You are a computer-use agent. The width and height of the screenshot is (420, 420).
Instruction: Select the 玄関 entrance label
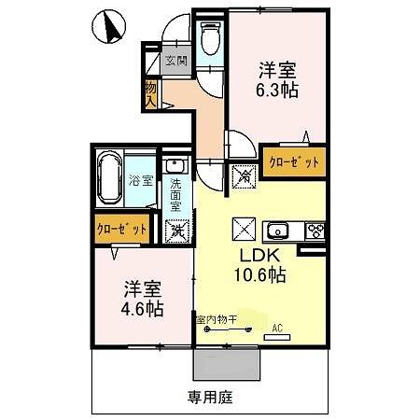(175, 62)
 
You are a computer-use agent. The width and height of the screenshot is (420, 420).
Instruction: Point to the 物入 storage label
(150, 91)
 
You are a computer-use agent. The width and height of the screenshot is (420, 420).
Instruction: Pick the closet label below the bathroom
(122, 228)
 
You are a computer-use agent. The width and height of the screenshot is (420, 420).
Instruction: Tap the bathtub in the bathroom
(113, 181)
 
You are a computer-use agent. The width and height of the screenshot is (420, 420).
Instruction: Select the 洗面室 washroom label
(175, 196)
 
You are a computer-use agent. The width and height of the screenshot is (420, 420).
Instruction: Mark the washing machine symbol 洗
(175, 230)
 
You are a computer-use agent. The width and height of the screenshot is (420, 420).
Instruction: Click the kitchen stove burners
(314, 231)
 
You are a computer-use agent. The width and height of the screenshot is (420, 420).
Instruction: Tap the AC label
(277, 329)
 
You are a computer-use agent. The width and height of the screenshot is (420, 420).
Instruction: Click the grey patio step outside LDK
(225, 364)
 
